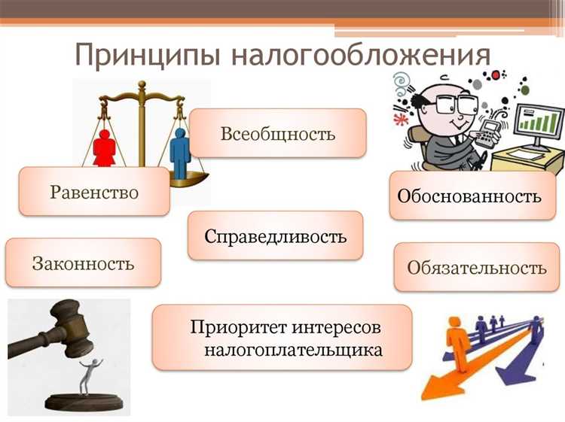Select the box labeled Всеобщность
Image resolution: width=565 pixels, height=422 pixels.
coord(277,133)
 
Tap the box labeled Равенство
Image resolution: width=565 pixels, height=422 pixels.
coord(94,191)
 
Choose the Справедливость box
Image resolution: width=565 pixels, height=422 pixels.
coord(275,235)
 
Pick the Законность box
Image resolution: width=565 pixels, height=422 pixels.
coord(83,263)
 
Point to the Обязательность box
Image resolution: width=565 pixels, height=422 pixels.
coord(476,267)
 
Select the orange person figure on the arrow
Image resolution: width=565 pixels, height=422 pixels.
coord(455,339)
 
